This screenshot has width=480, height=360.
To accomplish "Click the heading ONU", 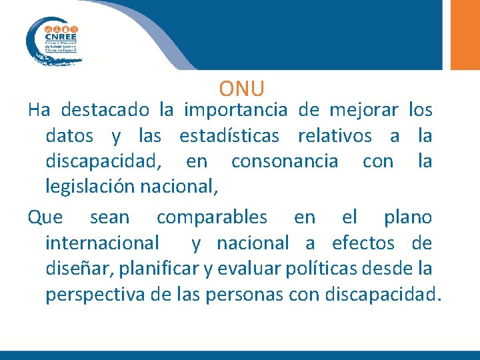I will [x=241, y=88].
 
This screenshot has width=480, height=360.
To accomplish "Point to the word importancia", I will [x=235, y=109].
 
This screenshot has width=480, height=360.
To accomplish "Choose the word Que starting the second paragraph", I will [x=45, y=217].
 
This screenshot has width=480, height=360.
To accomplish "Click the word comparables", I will [x=211, y=217].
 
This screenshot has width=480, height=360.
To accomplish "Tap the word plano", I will [x=407, y=217].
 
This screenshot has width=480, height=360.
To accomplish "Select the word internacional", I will [x=102, y=243].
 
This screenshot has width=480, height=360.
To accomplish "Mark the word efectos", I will [x=361, y=243].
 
